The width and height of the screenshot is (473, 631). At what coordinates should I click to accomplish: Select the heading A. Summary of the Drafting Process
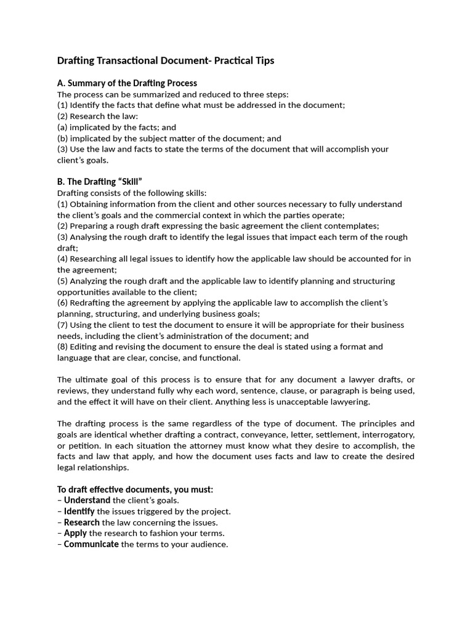tap(127, 83)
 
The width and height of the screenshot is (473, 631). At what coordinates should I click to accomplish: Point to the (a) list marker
tap(63, 128)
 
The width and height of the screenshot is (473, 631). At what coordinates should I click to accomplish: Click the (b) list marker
tap(63, 139)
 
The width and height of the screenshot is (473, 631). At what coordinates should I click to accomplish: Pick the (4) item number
tap(63, 259)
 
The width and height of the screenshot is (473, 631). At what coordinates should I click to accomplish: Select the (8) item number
tap(63, 347)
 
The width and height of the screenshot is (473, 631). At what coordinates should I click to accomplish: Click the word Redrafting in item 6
tap(91, 303)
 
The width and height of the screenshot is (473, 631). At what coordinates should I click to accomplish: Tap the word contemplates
tap(353, 226)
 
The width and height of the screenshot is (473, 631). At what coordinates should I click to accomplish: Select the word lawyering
tap(349, 402)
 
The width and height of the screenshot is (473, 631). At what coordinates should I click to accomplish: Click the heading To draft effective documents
tap(135, 489)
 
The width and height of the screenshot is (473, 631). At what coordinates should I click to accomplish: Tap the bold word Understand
tap(87, 500)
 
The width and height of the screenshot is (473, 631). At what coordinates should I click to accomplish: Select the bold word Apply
tap(75, 533)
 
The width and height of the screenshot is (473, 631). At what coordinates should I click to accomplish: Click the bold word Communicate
tap(91, 544)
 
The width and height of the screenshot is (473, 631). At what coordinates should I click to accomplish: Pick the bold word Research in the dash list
tap(82, 523)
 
